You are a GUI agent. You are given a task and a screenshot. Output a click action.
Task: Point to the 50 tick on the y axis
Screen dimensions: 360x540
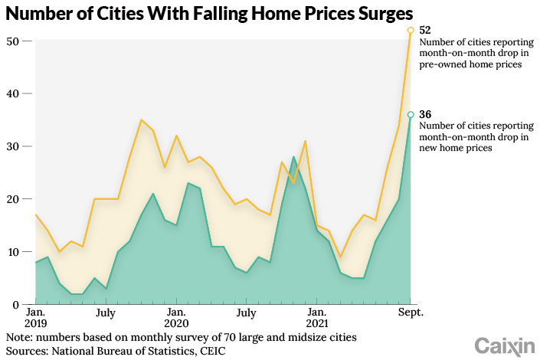13,41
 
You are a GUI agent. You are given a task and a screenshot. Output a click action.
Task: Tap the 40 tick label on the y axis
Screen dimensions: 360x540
13,93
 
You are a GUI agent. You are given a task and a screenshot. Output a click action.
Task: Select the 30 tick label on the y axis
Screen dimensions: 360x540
13,146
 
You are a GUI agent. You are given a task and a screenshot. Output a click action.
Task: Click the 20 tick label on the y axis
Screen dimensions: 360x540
13,199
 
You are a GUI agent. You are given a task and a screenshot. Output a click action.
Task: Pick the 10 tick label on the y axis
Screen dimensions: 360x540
13,252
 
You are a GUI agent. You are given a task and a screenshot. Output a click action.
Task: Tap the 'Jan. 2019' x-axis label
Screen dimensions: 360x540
35,319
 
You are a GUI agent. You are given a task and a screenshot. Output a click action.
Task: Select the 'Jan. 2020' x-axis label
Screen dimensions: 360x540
176,319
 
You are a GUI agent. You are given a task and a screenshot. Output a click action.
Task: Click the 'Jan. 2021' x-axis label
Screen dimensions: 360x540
317,319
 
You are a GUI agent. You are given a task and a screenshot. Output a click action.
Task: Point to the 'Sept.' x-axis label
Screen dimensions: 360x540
411,313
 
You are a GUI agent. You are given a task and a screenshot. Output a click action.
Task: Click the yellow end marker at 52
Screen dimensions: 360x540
411,30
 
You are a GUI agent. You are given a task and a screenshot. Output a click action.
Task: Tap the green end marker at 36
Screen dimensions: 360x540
411,115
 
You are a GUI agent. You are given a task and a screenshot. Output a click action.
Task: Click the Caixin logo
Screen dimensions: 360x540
503,345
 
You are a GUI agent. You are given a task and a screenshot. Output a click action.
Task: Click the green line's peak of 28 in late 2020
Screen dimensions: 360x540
293,157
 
